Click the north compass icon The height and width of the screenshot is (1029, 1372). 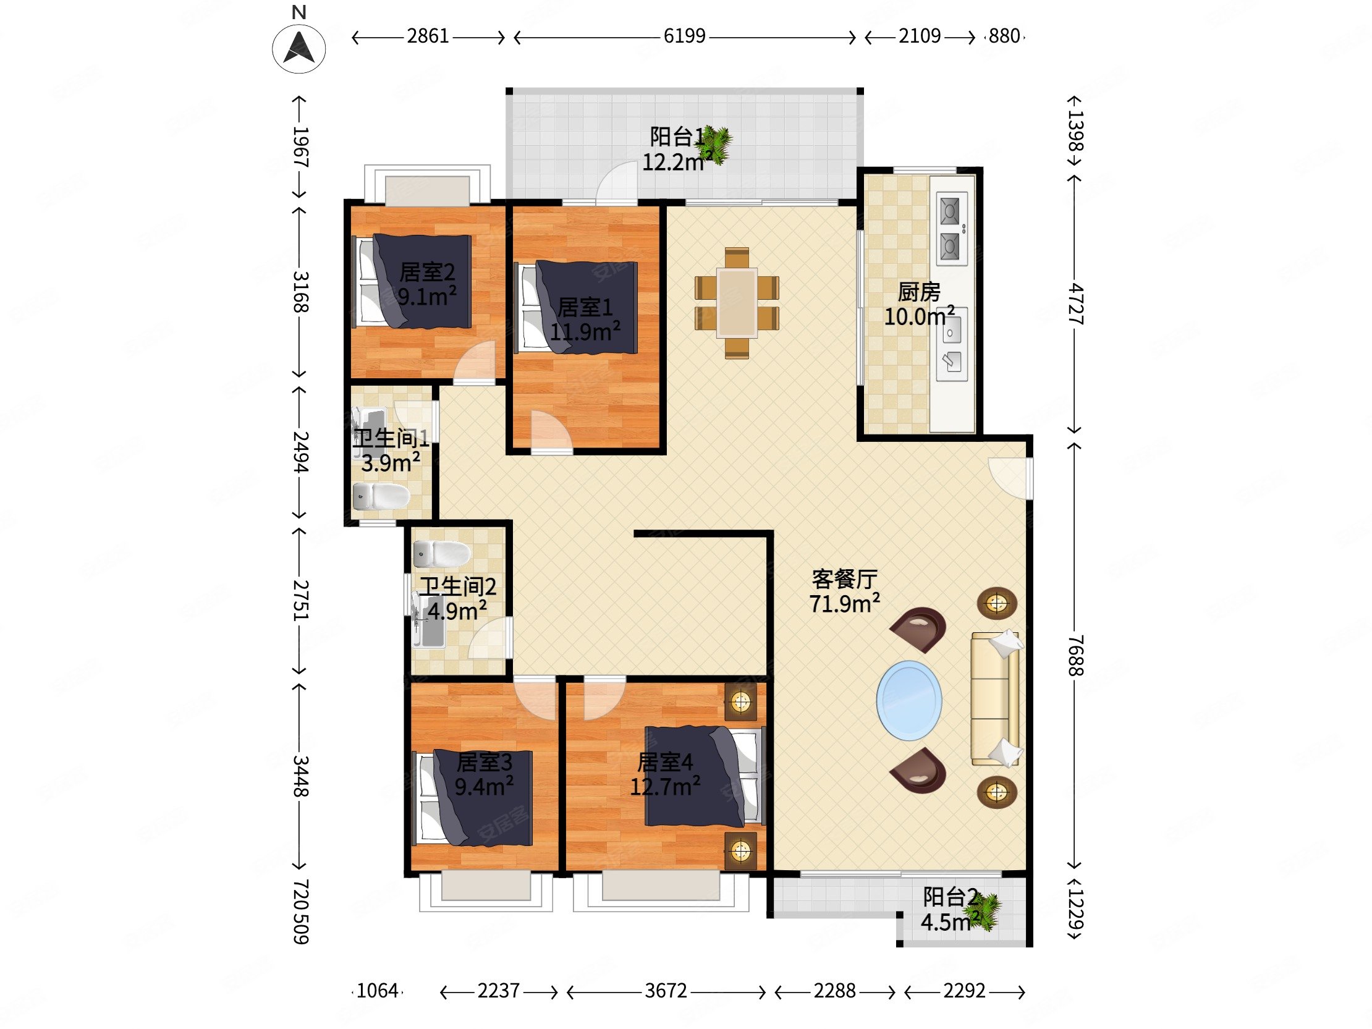click(299, 48)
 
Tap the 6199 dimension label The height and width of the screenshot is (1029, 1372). click(684, 36)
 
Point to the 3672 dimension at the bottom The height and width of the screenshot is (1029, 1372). click(666, 991)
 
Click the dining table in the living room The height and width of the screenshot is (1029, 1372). click(737, 303)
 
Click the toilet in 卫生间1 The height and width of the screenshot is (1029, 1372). click(381, 497)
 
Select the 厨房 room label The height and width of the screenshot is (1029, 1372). click(918, 292)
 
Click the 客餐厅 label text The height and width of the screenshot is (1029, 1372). click(844, 579)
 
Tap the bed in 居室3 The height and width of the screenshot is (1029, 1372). click(473, 798)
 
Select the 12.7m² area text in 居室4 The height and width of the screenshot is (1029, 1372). click(666, 787)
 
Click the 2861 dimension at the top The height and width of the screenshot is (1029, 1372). click(428, 36)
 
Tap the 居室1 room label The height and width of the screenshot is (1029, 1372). click(585, 307)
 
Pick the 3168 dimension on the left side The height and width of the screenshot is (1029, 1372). click(301, 292)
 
